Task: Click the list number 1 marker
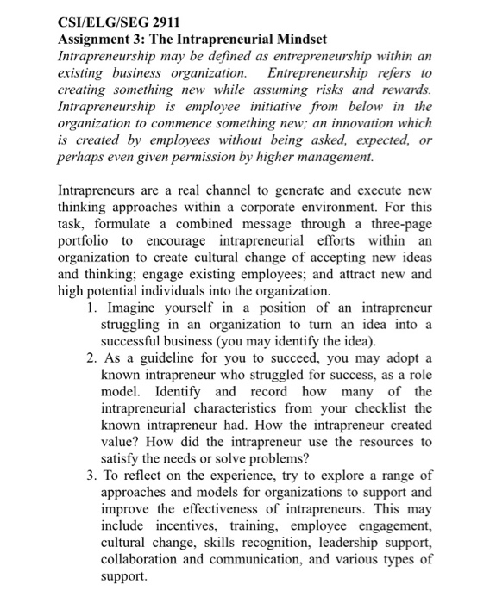pyautogui.click(x=91, y=308)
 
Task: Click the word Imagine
pyautogui.click(x=129, y=308)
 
